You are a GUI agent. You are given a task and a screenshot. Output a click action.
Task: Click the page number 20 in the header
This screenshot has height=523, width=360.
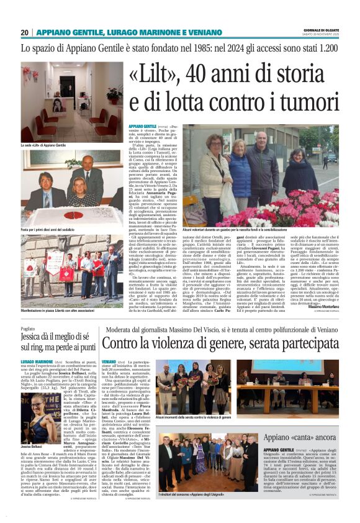(x=25, y=32)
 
